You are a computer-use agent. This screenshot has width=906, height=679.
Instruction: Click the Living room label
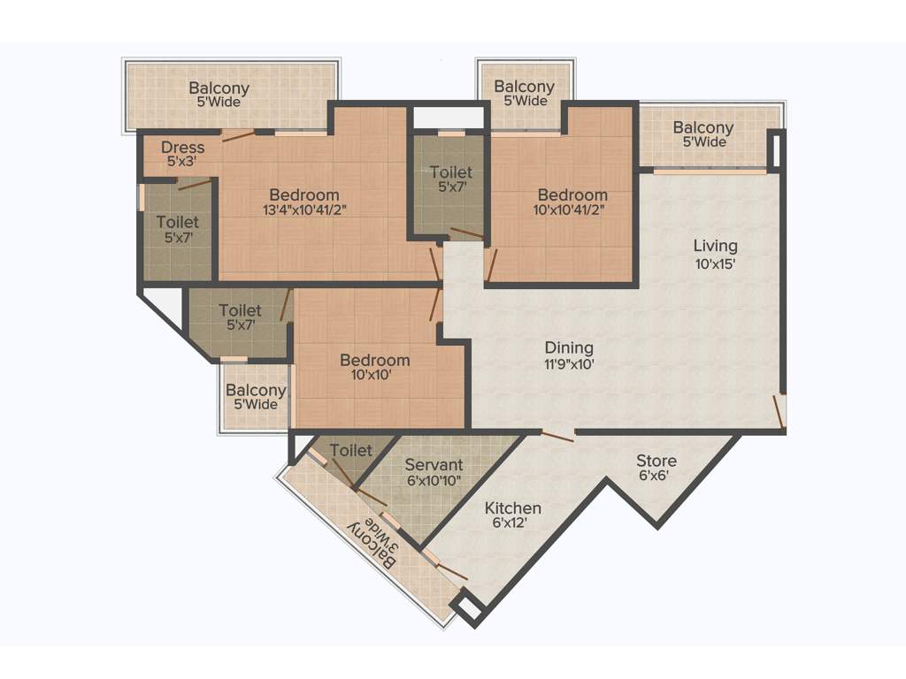pyautogui.click(x=715, y=246)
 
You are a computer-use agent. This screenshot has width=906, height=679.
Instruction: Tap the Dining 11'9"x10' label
pyautogui.click(x=568, y=348)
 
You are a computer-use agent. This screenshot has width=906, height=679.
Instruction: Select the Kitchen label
pyautogui.click(x=512, y=508)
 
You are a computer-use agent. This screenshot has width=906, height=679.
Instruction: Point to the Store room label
pyautogui.click(x=656, y=461)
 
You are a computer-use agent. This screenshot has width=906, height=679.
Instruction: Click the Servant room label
pyautogui.click(x=434, y=465)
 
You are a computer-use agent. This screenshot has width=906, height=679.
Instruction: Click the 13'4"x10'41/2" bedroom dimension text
pyautogui.click(x=304, y=210)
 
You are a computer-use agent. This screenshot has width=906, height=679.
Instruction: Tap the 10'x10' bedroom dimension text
pyautogui.click(x=374, y=375)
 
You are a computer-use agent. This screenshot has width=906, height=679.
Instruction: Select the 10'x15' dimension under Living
pyautogui.click(x=715, y=263)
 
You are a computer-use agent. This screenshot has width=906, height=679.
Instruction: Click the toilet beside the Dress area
pyautogui.click(x=178, y=229)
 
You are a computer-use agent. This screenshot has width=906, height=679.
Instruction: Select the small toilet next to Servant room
pyautogui.click(x=350, y=452)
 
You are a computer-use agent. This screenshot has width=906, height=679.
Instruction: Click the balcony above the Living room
pyautogui.click(x=703, y=134)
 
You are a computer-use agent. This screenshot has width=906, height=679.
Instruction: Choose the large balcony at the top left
pyautogui.click(x=219, y=95)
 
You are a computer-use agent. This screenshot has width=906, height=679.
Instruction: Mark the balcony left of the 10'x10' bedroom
pyautogui.click(x=256, y=397)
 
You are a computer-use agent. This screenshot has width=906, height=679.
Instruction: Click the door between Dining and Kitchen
pyautogui.click(x=557, y=434)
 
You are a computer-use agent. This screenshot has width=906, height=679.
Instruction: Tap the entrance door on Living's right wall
pyautogui.click(x=779, y=411)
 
